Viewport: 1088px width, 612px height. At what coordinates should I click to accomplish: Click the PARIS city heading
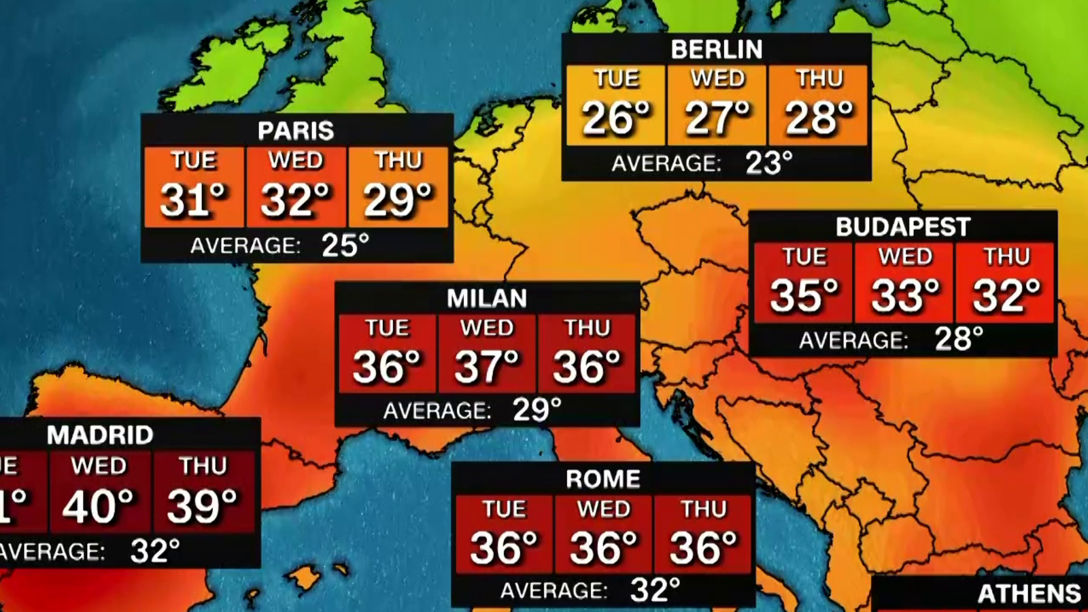[296, 131]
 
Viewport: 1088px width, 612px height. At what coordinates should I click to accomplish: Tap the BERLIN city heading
[717, 50]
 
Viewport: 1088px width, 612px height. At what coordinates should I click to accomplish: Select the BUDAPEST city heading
[902, 227]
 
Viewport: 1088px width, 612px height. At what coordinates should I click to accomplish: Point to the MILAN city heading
[487, 299]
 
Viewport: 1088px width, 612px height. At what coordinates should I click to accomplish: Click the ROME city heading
[603, 479]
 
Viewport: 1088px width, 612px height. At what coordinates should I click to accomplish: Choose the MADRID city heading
[100, 435]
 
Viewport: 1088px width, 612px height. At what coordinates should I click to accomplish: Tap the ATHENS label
[1029, 594]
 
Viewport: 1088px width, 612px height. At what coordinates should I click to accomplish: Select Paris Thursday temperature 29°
[398, 200]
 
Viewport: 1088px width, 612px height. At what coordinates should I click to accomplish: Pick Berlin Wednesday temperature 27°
[717, 118]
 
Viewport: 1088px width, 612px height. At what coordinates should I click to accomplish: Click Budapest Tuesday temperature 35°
[804, 296]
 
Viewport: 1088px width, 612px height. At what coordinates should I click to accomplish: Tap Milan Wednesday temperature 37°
[487, 367]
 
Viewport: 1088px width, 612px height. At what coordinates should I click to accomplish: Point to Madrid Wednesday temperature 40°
[99, 507]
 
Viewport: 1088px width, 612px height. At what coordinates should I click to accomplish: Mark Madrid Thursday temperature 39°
[203, 507]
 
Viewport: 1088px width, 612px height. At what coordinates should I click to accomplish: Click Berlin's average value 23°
[769, 163]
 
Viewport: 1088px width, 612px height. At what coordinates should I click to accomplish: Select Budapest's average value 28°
[959, 339]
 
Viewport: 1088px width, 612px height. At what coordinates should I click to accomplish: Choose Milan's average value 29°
[537, 410]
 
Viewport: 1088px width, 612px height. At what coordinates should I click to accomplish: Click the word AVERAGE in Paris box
[245, 245]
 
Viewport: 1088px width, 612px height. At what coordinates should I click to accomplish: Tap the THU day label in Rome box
[704, 509]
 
